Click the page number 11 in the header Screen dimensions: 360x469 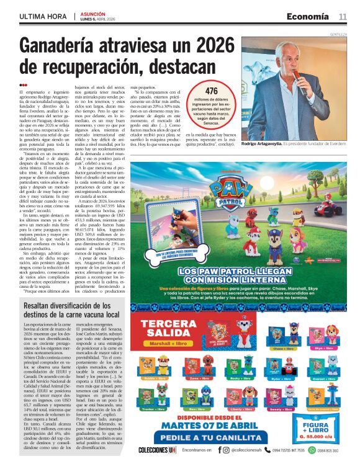point(343,17)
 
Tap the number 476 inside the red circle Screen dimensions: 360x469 point(212,91)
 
